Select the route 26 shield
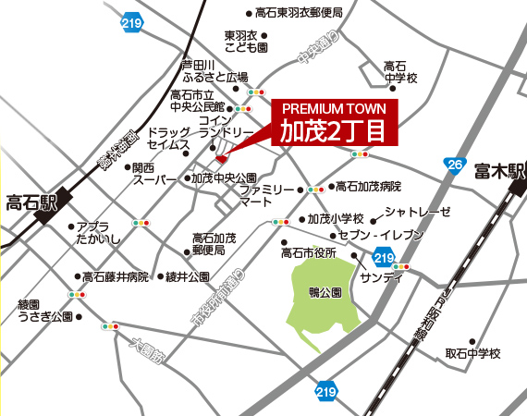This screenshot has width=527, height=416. (454, 165)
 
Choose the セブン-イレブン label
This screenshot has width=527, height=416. (380, 236)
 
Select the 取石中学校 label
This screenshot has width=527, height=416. (472, 353)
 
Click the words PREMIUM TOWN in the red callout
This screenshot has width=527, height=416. (334, 109)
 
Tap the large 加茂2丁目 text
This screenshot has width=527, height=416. (333, 130)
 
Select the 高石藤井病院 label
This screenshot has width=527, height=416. (116, 276)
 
